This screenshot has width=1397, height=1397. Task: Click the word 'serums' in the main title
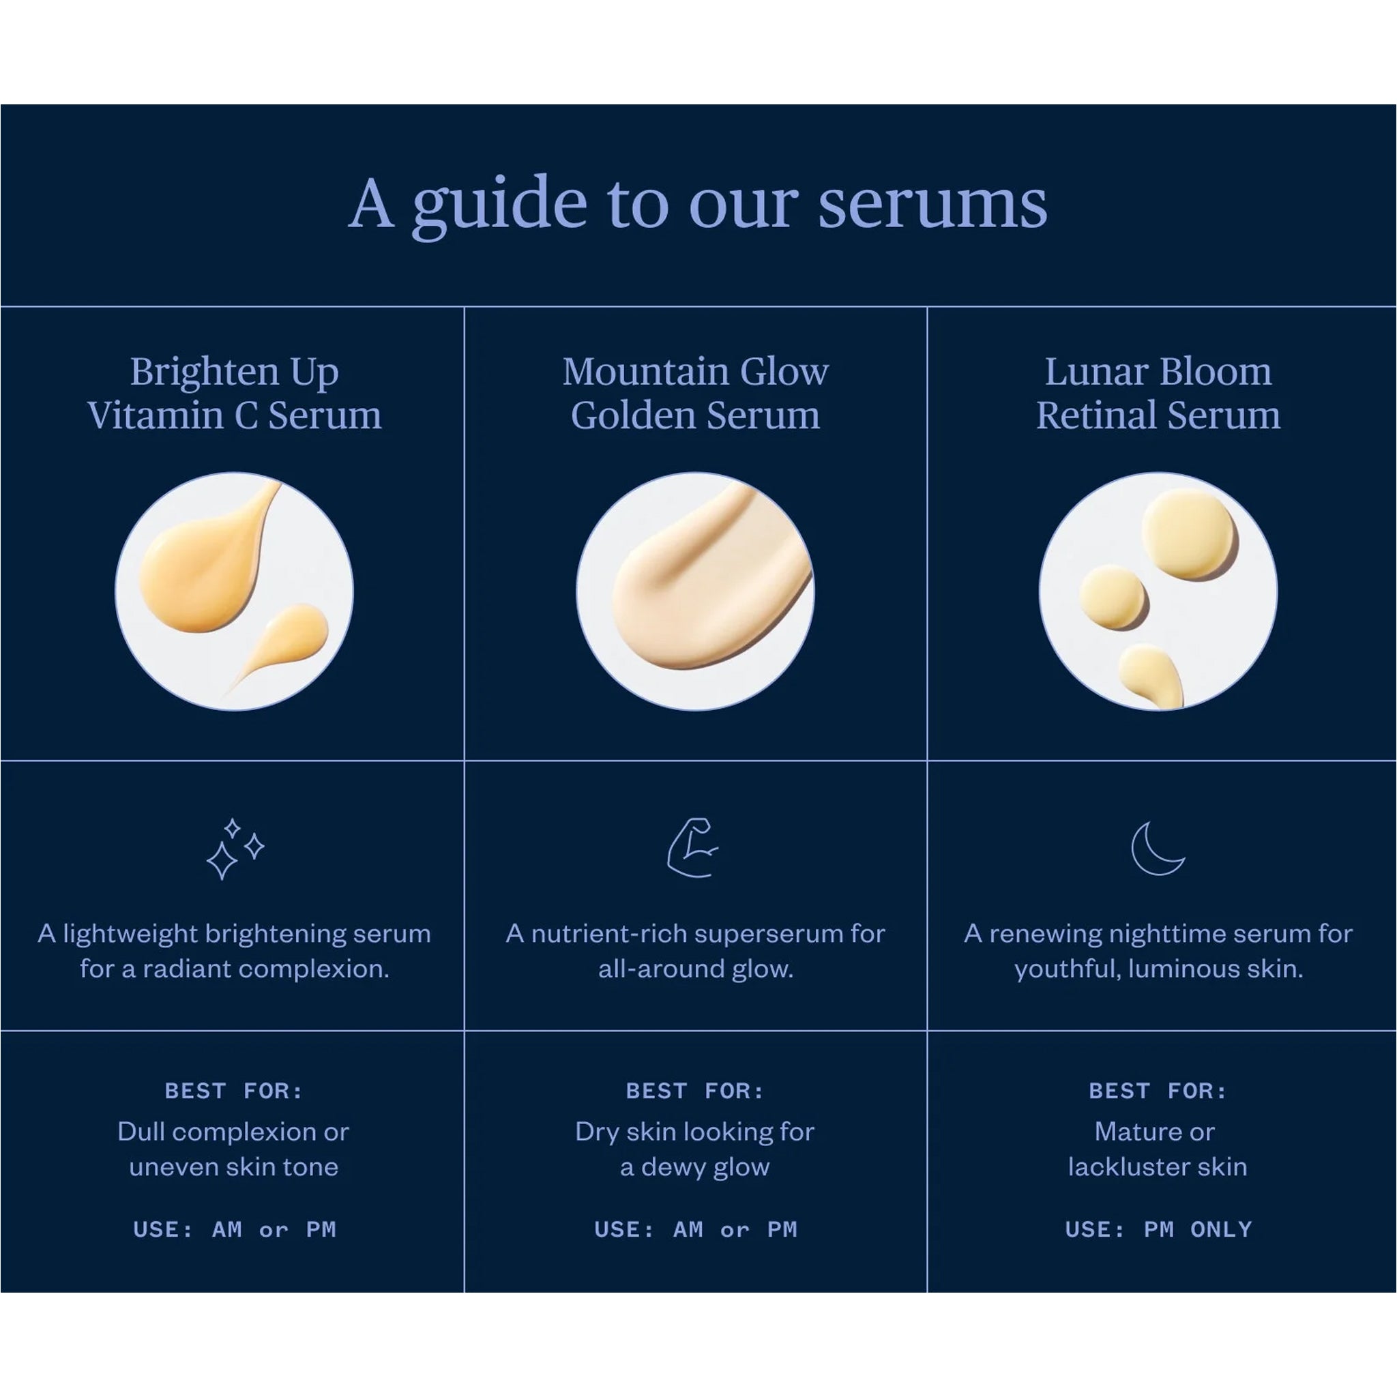coord(932,205)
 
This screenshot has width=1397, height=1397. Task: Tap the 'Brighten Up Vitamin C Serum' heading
coord(234,394)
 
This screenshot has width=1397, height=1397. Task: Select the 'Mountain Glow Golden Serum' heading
coord(696,394)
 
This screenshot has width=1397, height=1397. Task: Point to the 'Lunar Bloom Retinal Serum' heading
coord(1158,394)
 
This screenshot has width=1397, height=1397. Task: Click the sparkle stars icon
coord(235,848)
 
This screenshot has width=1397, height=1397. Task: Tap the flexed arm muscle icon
coord(692,847)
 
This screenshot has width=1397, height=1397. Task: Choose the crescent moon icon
coord(1156,848)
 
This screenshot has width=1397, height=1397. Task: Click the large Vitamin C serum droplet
coord(203,568)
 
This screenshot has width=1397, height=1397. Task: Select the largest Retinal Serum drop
coord(1190,533)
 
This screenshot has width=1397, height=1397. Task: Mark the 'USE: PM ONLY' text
coord(1158,1229)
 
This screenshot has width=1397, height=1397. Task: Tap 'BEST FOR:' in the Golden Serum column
coord(695,1091)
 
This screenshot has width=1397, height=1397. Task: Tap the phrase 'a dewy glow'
coord(695,1167)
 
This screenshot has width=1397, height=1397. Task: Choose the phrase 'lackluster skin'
coord(1158,1166)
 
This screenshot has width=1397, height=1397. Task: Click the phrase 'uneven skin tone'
coord(233,1166)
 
